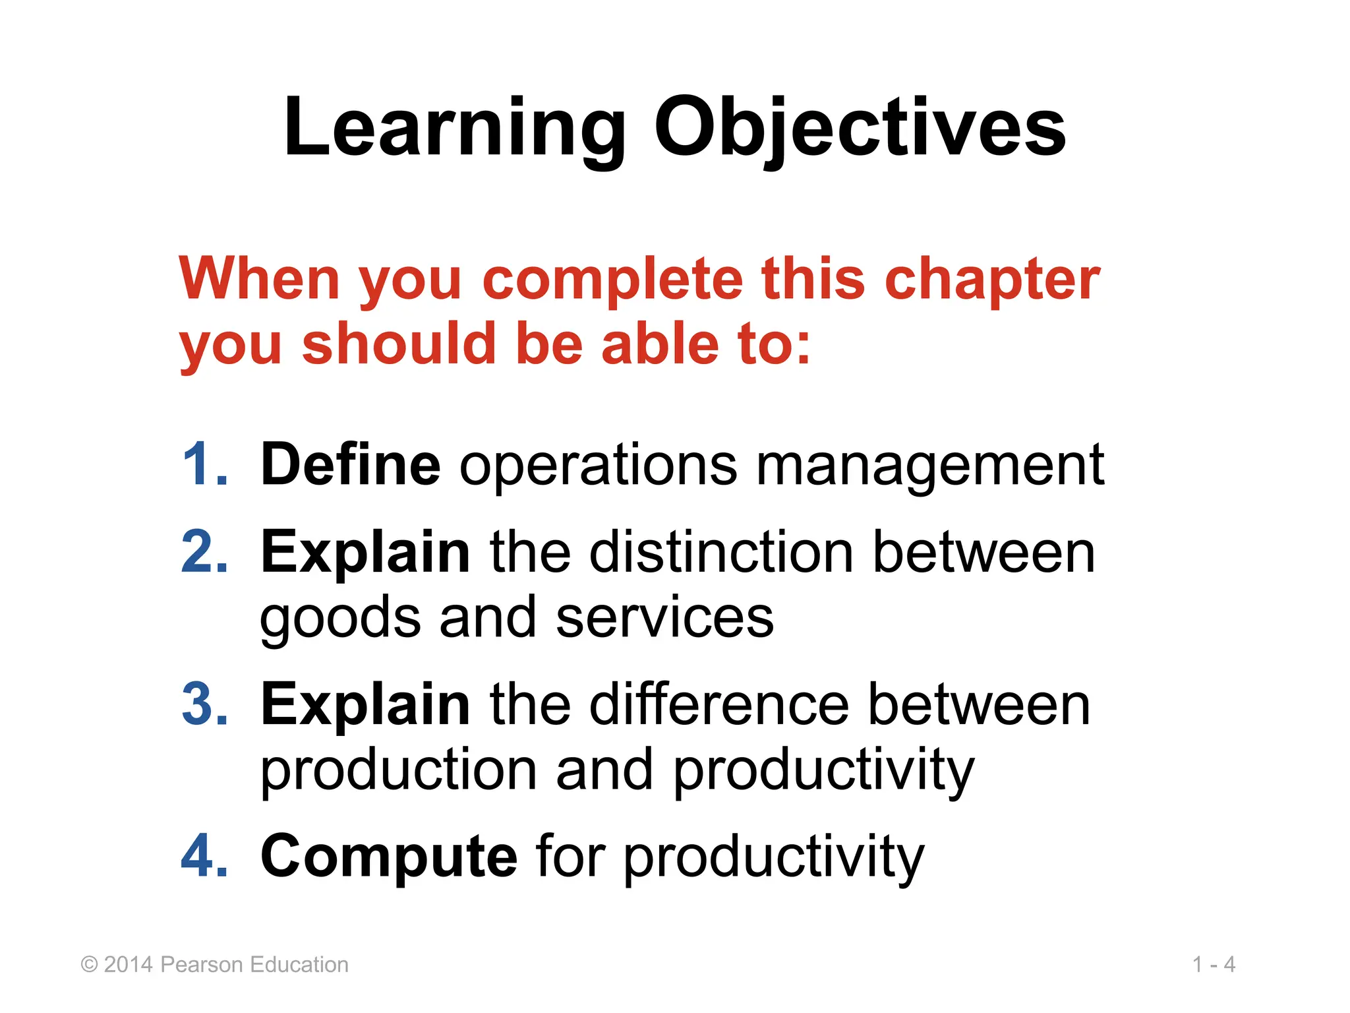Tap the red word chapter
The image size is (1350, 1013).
coord(991,280)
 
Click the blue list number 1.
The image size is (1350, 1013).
coord(204,464)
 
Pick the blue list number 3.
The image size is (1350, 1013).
coord(204,704)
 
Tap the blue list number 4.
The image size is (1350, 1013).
coord(204,856)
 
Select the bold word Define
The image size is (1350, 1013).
coord(350,464)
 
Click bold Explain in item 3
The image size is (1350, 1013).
coord(365,704)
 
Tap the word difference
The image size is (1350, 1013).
coord(719,704)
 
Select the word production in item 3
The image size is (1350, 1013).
coord(399,770)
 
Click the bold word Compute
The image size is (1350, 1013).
coord(389,856)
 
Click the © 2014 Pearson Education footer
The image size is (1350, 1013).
coord(214,964)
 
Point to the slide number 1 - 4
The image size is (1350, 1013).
coord(1214,964)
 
